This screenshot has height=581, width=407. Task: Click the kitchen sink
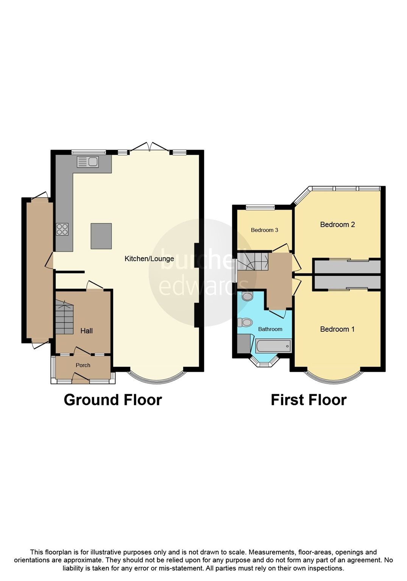[87, 162]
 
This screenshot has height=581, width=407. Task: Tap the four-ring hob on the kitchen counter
[62, 229]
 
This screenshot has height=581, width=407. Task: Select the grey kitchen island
[101, 236]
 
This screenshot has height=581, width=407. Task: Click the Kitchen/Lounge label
[149, 259]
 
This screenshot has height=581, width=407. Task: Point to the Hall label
[86, 331]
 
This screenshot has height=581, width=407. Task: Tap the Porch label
[83, 365]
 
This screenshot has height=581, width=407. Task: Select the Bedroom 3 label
[264, 230]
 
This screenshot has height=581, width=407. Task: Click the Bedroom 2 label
[337, 225]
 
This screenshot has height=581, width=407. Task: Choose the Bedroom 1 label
[337, 329]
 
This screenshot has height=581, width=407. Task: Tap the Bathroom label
[270, 329]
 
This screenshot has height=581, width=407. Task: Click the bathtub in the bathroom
[273, 346]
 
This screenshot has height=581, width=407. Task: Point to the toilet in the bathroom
[245, 323]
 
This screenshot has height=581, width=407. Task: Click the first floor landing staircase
[253, 261]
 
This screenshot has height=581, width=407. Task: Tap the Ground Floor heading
[113, 400]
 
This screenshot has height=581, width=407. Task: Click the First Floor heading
[308, 400]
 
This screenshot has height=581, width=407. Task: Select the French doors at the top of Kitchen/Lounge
[150, 148]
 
